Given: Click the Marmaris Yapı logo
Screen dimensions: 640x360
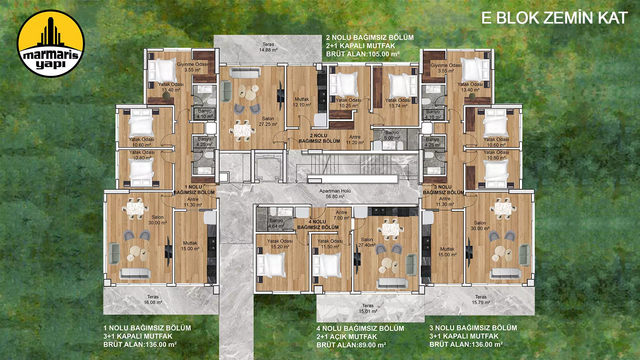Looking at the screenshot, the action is (x=51, y=44).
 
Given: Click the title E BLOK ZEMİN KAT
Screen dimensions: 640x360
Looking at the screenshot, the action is (x=554, y=18).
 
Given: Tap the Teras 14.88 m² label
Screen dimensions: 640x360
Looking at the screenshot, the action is (x=268, y=47).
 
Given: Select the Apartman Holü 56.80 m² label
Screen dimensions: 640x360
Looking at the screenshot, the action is (x=335, y=194).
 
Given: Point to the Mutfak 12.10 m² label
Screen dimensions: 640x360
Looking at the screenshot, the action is (x=302, y=102).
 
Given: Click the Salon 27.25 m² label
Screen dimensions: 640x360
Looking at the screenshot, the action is (x=268, y=121).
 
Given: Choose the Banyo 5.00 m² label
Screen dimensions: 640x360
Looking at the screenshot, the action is (x=392, y=135).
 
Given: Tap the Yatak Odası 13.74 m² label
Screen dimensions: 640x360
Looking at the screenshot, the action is (x=398, y=103).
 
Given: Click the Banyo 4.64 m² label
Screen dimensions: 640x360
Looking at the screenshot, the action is (x=276, y=223).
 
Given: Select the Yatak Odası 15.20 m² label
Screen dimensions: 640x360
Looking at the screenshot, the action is (x=280, y=244).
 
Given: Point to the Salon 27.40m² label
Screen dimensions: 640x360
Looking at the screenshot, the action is (x=367, y=242).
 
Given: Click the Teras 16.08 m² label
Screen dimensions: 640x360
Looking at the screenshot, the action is (x=153, y=299).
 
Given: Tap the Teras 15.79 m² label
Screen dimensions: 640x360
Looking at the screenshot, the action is (x=481, y=299).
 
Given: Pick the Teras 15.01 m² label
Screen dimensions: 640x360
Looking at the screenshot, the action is (x=368, y=308).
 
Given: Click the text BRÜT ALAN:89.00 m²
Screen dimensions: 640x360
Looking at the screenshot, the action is (x=351, y=345).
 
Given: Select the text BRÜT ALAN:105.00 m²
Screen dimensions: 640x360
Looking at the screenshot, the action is (x=363, y=54).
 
